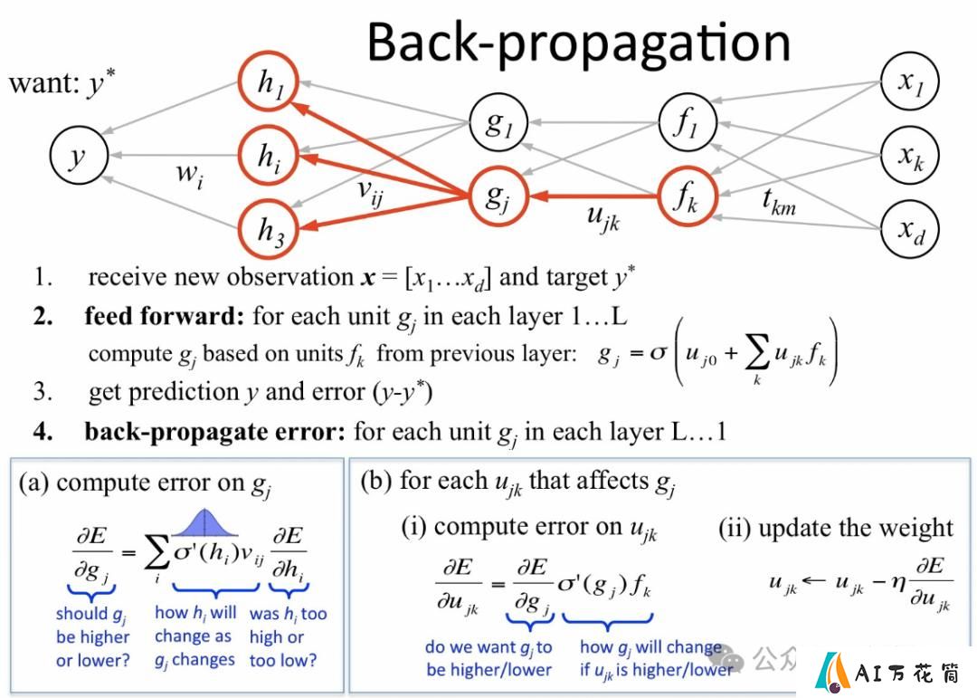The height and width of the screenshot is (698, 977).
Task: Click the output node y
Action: (79, 156)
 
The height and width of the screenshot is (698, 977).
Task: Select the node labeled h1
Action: (269, 82)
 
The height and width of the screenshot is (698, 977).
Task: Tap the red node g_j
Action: (498, 196)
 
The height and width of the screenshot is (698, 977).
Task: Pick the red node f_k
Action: (688, 196)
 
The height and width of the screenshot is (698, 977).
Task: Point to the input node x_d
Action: (910, 228)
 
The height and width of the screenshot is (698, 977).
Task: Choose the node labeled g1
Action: (498, 123)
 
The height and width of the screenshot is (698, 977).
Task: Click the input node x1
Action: (910, 81)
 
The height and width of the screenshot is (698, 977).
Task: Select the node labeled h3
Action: (269, 228)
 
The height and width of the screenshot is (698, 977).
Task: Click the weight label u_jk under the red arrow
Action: (603, 218)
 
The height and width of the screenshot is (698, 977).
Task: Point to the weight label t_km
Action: (779, 201)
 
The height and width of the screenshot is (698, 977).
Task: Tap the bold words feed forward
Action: (164, 316)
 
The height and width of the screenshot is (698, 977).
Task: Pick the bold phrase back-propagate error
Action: (215, 432)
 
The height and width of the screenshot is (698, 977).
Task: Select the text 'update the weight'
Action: (856, 529)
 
